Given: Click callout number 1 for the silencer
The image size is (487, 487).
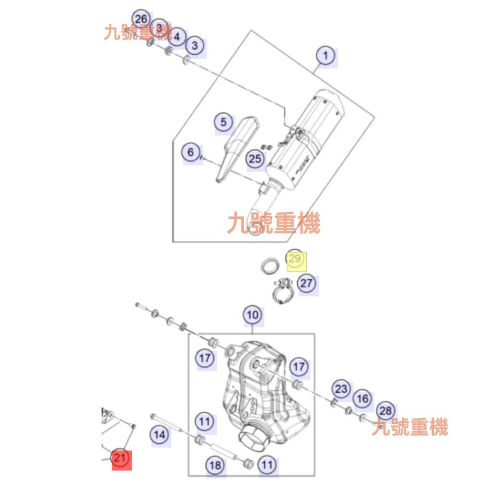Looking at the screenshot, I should tap(325, 56).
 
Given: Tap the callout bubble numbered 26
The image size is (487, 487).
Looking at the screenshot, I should tap(141, 19).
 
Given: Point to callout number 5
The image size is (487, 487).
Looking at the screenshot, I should tap(224, 122).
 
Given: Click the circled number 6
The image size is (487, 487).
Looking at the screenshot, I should tap(191, 152).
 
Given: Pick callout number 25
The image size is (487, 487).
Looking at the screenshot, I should tap(255, 158).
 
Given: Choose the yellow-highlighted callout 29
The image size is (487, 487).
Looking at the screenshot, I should tap(295, 259).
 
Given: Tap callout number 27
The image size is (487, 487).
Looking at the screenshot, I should tap(307, 284).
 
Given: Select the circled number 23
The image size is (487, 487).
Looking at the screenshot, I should tap(341, 389).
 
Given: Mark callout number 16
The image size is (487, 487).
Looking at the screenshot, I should tap(363, 399).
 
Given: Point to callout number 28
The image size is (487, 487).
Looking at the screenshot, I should tap(386, 411).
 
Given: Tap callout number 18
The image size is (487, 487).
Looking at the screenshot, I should tap(215, 465).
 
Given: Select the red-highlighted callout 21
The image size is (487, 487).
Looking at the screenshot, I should tap(121, 458).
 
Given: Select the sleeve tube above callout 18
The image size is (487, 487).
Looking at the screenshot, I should tap(222, 451).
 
